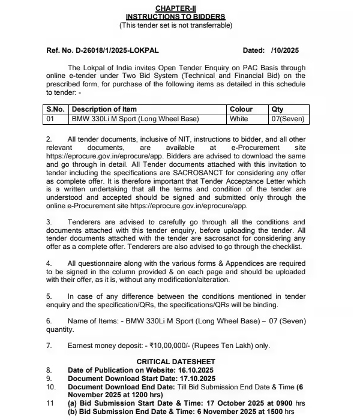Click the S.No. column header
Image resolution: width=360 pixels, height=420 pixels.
point(57,109)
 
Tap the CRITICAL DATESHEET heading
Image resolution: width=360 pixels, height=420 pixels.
point(175,361)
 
